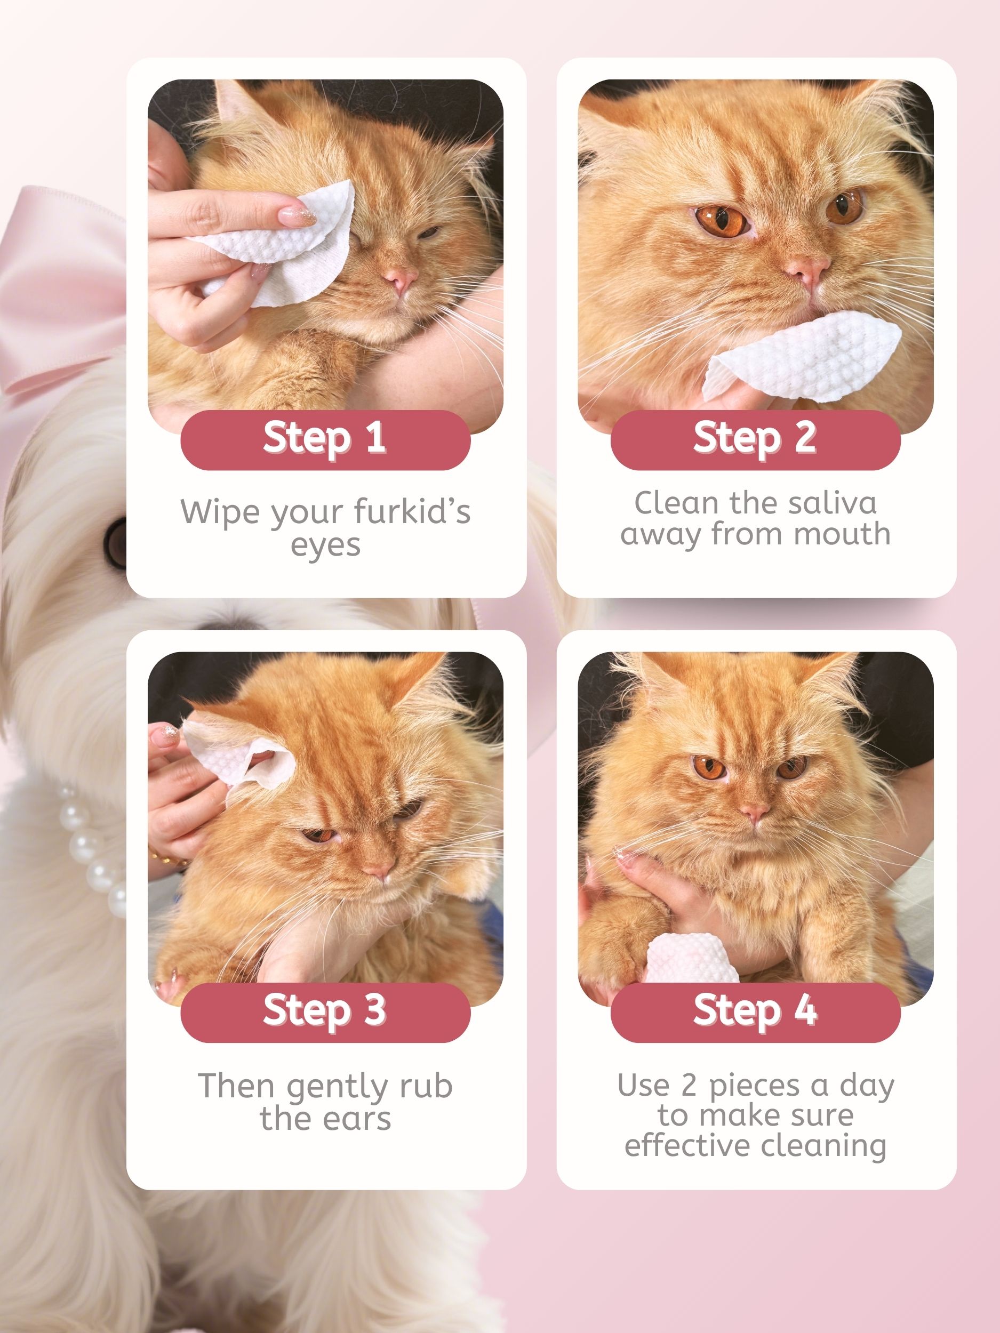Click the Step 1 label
point(325,438)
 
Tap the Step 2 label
point(755,438)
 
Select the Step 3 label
point(325,1010)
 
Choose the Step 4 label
point(755,1010)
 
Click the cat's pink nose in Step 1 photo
point(400,278)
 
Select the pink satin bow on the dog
point(60,289)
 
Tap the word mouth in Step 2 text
point(842,534)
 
